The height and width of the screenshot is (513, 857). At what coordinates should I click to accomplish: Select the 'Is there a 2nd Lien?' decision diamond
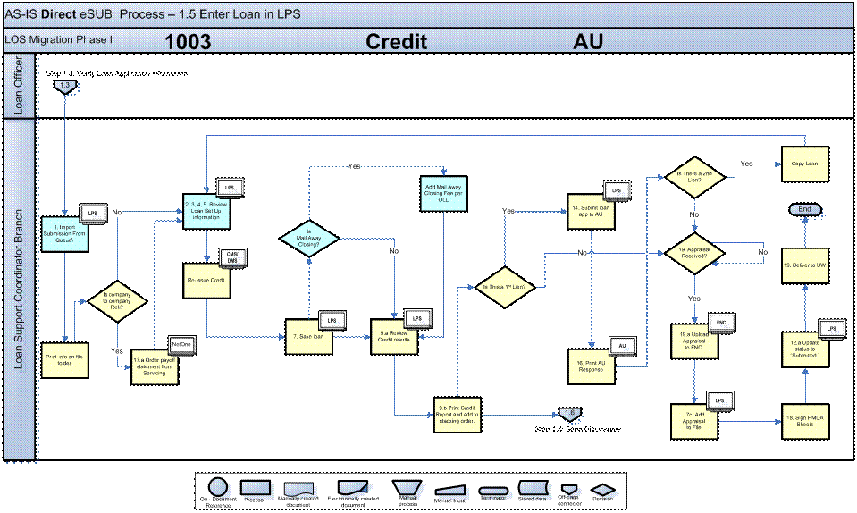click(694, 175)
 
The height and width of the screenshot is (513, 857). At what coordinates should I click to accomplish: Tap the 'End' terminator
click(805, 209)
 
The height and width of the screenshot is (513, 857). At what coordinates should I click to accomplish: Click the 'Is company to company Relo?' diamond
click(117, 299)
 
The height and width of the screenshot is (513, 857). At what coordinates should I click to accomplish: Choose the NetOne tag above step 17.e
click(181, 343)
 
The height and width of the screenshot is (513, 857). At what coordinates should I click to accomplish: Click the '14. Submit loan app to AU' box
click(591, 212)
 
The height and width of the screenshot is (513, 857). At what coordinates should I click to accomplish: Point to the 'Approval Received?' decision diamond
click(694, 253)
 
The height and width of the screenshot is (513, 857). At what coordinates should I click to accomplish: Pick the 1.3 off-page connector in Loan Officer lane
click(64, 86)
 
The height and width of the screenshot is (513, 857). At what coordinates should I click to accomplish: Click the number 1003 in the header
click(188, 42)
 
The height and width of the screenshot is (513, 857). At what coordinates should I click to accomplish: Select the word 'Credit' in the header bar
click(396, 42)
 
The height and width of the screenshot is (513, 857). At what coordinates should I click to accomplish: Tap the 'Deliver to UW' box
click(806, 265)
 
